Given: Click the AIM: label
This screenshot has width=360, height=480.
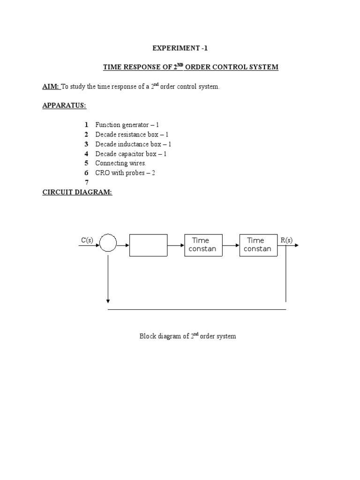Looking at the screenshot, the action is click(51, 87).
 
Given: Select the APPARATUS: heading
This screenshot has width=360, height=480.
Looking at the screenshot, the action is click(64, 105).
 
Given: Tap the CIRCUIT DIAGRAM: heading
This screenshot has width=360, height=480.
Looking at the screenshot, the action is click(77, 192).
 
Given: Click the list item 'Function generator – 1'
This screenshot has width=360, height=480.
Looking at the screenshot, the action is click(127, 125).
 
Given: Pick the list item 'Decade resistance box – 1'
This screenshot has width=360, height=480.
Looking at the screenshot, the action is click(131, 135).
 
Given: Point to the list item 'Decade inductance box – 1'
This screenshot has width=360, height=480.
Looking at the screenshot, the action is click(133, 144).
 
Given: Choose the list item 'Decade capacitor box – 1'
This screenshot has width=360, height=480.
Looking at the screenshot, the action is click(131, 154).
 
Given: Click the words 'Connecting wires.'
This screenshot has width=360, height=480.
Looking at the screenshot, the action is click(120, 163).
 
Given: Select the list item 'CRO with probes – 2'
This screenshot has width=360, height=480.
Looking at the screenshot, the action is click(126, 173).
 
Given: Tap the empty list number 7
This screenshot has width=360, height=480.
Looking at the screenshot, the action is click(86, 182).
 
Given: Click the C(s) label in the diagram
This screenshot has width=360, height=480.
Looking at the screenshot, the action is click(87, 240).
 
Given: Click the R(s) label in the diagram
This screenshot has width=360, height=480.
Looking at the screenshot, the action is click(286, 240).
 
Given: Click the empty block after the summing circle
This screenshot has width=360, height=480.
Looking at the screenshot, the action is click(148, 245).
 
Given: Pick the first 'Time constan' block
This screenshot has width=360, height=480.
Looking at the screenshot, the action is click(203, 245).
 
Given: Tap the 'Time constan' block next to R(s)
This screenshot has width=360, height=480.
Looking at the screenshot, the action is click(259, 245).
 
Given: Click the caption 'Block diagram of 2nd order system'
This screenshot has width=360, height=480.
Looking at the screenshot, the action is click(187, 336).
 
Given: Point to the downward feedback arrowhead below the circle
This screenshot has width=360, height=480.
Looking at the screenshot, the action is click(108, 300).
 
